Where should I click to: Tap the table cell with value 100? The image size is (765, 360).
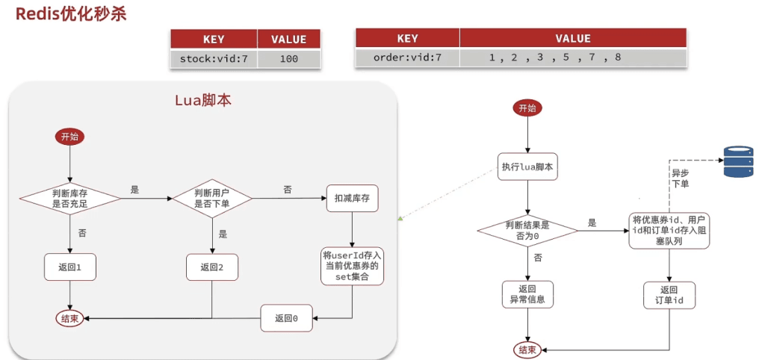288,58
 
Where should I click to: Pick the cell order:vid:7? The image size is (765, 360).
407,58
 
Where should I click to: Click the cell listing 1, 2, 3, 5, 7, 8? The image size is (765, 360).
555,58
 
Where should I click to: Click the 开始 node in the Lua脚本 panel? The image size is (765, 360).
69,137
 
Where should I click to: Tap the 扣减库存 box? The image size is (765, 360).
353,198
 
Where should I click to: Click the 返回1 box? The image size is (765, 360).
69,267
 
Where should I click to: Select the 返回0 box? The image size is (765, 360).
286,317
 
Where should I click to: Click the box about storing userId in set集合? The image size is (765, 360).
353,266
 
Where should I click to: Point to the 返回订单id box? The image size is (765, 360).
669,295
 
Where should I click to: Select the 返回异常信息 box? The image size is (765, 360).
527,294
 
